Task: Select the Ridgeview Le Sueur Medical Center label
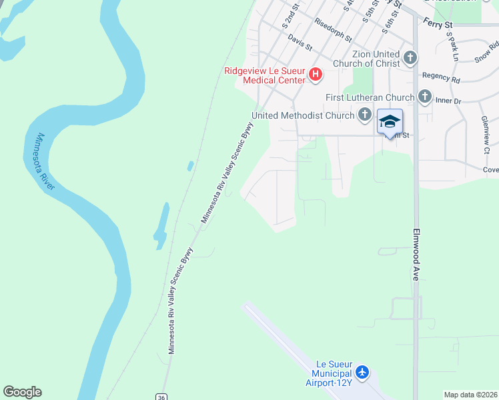pos(265,75)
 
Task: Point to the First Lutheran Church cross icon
pos(425,97)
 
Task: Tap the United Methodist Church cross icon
pos(364,115)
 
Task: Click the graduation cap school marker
pos(390,122)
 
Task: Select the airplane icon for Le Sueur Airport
pos(362,371)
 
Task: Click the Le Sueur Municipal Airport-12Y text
pos(328,375)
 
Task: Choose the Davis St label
pos(301,41)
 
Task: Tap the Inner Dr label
pos(448,101)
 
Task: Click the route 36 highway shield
pos(161,396)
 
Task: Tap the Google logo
pos(22,392)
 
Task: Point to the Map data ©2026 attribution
pos(471,395)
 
